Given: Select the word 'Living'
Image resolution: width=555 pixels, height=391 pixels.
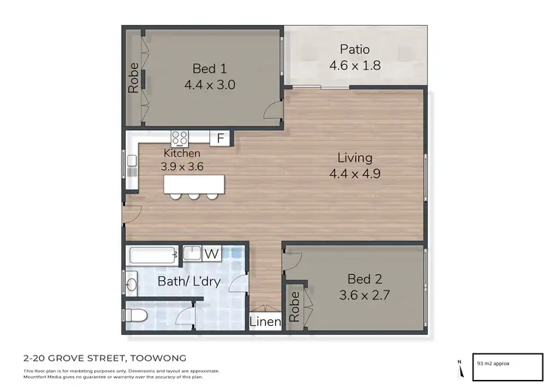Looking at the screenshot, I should pos(354,157).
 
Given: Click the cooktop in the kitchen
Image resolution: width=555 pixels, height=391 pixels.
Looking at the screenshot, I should pos(180,137).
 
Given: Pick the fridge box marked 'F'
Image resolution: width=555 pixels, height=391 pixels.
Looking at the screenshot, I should pos(219,137).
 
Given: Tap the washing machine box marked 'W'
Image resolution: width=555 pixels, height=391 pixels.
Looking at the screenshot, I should pos(212,254).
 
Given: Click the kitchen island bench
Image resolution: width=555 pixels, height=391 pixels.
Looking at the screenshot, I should pos(192,183).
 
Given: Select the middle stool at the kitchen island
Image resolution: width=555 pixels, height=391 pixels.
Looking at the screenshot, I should pos(193,196).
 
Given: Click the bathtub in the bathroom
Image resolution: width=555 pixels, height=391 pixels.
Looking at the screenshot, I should pos(154,256).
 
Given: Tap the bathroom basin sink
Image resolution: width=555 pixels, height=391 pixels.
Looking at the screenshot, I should pos(132,282).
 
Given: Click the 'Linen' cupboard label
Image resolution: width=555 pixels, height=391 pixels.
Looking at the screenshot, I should pos(264,322).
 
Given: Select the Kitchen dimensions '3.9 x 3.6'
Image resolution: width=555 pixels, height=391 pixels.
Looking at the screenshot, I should pos(182,166).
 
